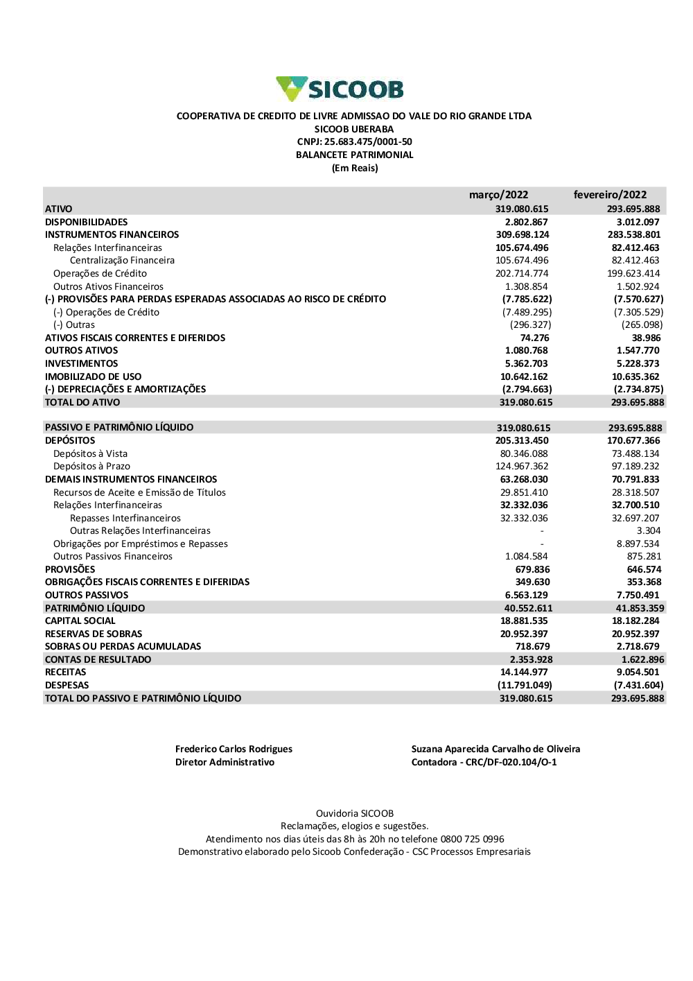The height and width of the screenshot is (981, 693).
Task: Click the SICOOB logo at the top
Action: coord(340,89)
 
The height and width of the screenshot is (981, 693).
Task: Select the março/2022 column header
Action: coord(498,195)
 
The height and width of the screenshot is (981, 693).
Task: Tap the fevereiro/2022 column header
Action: coord(610,195)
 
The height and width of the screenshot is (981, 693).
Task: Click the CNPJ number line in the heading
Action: coord(354,142)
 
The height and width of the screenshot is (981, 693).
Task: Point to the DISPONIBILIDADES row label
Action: coord(87,222)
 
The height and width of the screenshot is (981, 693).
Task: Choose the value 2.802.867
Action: coord(526,222)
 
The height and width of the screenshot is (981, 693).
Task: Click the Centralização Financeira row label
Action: coord(122,261)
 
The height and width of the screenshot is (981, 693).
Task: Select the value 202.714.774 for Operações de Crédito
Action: coord(522,274)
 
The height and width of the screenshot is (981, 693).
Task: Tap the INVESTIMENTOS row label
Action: coord(82,363)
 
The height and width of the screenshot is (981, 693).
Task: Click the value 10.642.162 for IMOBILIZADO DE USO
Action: coord(524,376)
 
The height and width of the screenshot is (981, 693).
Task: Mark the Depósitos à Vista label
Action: coord(91,453)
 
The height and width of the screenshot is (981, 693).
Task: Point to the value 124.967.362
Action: coord(522,467)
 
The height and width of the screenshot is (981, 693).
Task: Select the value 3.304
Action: coord(649,531)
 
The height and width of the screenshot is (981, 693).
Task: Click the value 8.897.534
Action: coord(638,544)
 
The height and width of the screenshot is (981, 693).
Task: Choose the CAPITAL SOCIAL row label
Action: coord(80,621)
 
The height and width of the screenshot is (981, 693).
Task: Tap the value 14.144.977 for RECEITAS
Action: coord(524,672)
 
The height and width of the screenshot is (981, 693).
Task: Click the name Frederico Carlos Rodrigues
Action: coord(234,749)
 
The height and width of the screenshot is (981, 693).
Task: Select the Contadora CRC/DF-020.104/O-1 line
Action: coord(484,762)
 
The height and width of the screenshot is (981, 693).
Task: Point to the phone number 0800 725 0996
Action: coord(472,839)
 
